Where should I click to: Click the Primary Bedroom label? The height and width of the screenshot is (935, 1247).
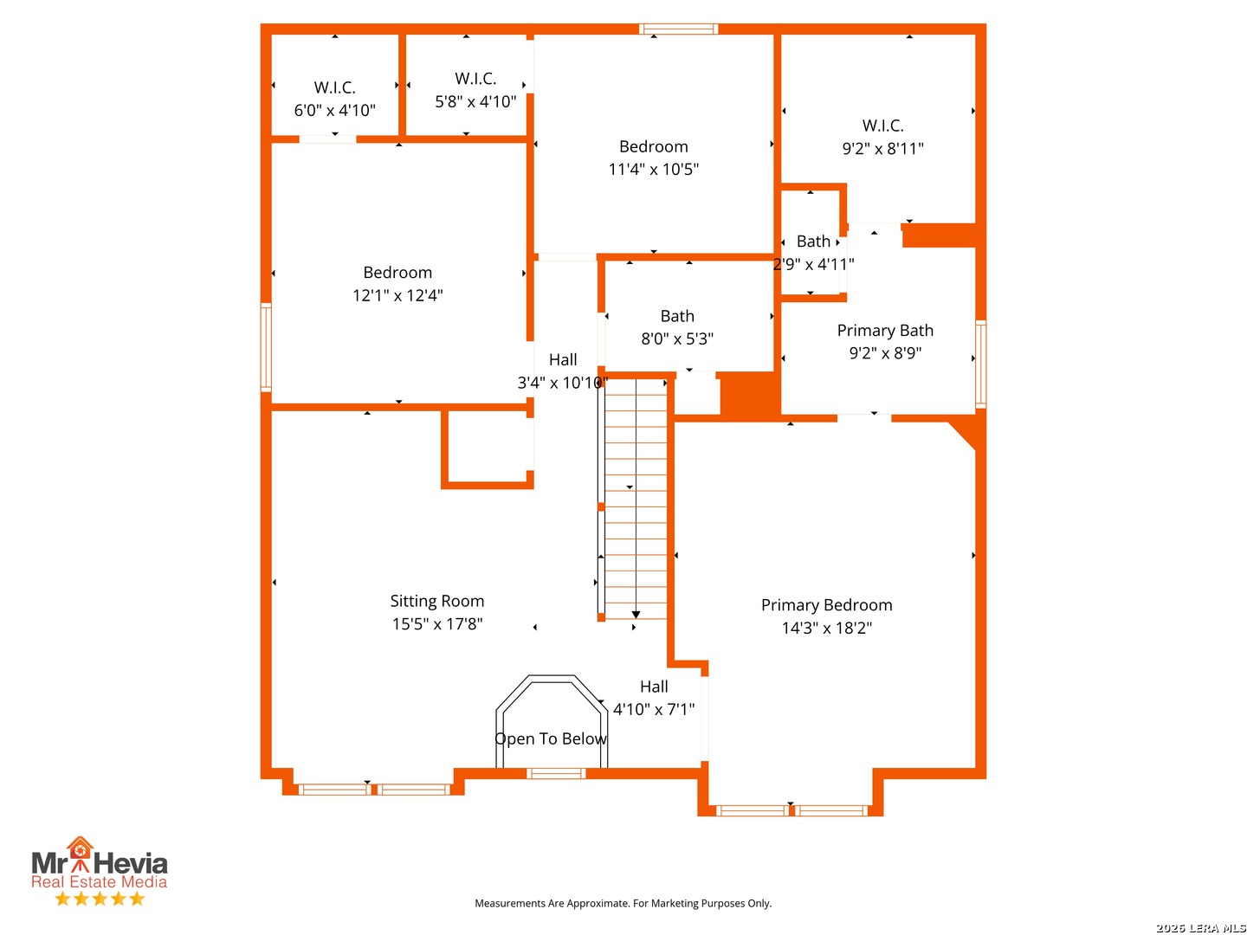[x=826, y=605]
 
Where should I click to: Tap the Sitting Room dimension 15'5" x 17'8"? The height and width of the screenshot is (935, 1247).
[x=436, y=624]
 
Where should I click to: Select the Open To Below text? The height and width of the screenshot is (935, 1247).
[x=551, y=738]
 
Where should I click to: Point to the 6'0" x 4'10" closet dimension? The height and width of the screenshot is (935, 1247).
[x=334, y=110]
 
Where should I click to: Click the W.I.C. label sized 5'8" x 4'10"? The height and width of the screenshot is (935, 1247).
[x=475, y=78]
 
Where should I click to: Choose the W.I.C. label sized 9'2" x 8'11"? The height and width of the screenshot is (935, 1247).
[x=882, y=126]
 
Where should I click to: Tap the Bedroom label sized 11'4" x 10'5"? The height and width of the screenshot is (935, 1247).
[x=653, y=147]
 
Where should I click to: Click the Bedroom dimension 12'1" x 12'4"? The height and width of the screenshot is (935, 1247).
[x=397, y=295]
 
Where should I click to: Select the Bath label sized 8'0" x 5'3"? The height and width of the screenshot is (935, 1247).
[x=677, y=316]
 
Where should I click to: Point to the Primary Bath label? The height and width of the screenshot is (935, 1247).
[x=884, y=331]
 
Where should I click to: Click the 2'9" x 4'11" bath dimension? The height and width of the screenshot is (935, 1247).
[x=813, y=264]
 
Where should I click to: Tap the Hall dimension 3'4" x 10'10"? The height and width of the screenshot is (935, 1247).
[x=562, y=383]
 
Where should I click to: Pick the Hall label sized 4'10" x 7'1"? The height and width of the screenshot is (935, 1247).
[x=654, y=687]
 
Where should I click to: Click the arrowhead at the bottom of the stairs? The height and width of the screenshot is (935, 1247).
[x=636, y=615]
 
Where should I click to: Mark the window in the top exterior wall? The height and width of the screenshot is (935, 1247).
[x=678, y=29]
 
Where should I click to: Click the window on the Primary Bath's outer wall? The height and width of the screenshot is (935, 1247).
[x=980, y=364]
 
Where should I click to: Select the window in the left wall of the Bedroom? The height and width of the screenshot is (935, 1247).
[x=266, y=347]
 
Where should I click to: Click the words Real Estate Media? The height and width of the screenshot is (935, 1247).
[x=100, y=881]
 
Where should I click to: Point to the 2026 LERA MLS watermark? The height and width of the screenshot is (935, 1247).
[x=1200, y=927]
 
